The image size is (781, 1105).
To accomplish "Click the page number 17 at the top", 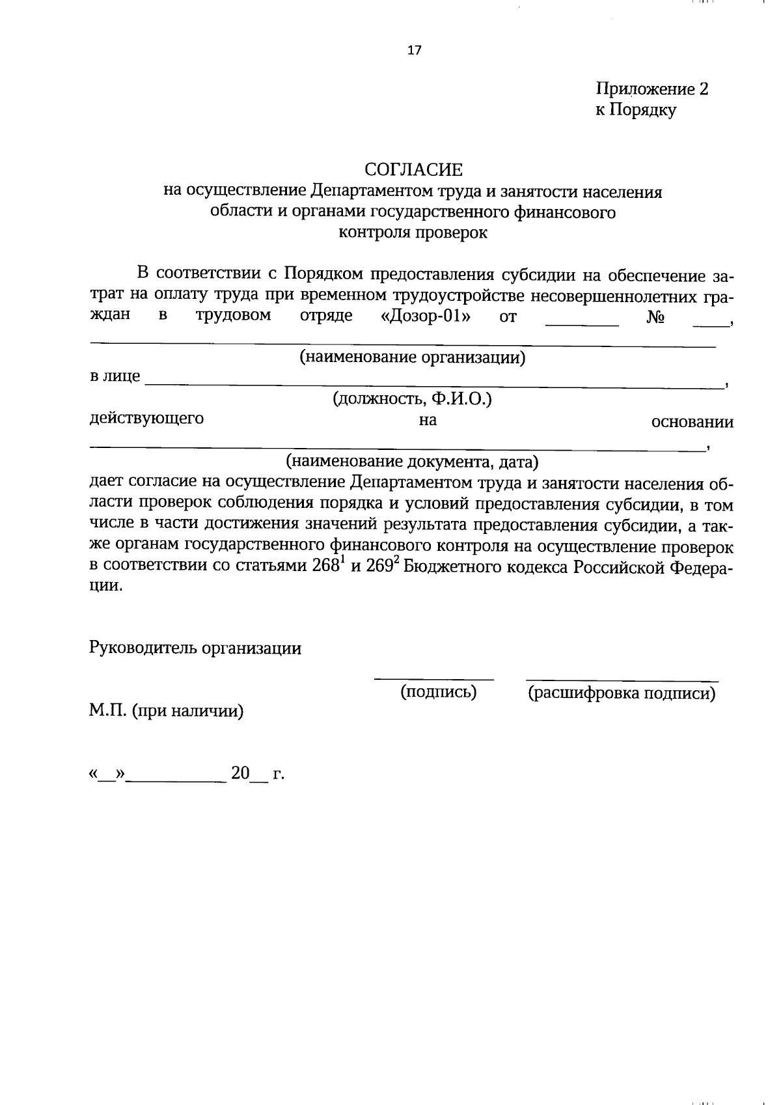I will (x=415, y=50).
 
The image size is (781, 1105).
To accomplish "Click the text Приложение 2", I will (x=651, y=89).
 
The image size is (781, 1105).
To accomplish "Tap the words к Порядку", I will (x=636, y=110).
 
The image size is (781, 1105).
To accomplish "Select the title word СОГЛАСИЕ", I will (x=413, y=171).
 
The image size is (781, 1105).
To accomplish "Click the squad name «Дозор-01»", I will (x=426, y=317).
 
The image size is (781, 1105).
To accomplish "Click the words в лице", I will (x=115, y=376).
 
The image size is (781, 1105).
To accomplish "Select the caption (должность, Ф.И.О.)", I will (x=413, y=399).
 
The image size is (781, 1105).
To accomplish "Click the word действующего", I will (x=146, y=419).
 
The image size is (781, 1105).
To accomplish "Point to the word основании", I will (x=692, y=422).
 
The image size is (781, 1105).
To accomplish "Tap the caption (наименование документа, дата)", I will (x=413, y=462).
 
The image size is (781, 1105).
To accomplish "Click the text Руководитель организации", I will (x=195, y=649).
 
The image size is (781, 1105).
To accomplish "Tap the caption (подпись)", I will (x=438, y=692).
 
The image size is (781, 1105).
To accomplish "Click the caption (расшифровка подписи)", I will (x=622, y=693).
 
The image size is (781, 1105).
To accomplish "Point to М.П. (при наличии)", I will (x=167, y=711).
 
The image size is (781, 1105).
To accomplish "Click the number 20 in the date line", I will (x=240, y=774).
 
